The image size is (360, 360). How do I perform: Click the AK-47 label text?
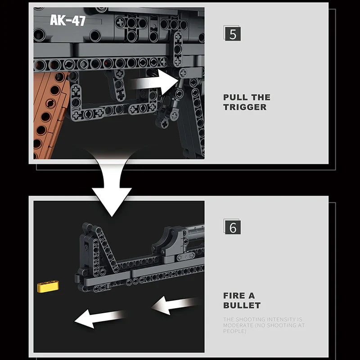point(67,20)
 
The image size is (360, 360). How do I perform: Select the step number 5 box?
point(232,34)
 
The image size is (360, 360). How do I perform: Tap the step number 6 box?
point(232,227)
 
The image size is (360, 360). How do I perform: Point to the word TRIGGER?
point(245,107)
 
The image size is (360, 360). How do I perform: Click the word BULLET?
point(242,306)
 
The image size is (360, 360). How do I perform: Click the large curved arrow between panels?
point(110,184)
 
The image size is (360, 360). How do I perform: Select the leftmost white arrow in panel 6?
point(99,318)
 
